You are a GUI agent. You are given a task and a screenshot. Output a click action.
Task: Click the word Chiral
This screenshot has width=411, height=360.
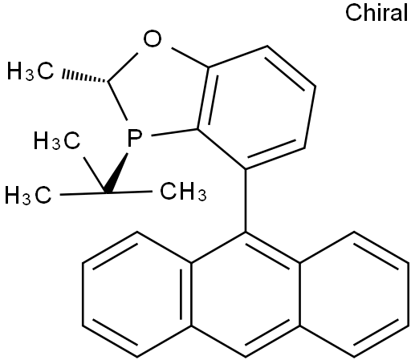[376, 13]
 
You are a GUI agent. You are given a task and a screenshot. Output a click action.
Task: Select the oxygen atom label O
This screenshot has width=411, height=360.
[153, 38]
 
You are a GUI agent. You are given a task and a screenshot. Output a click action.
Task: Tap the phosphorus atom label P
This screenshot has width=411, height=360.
[134, 138]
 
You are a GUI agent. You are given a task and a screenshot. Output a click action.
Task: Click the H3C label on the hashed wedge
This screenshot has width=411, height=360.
[31, 71]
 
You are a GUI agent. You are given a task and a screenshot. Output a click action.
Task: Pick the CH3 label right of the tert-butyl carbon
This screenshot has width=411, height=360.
[183, 192]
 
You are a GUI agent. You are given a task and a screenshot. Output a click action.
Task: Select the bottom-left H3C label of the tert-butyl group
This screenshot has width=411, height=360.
[28, 196]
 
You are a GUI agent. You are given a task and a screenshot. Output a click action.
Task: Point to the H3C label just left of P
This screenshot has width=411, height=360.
[57, 140]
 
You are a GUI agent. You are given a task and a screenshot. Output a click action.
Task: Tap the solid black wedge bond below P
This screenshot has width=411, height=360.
[117, 172]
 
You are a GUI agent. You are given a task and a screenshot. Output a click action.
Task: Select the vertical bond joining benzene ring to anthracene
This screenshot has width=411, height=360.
[246, 200]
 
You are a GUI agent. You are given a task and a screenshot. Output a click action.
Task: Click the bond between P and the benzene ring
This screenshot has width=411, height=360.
[174, 133]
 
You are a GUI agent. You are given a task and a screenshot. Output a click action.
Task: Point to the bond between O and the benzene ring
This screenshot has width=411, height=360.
[190, 58]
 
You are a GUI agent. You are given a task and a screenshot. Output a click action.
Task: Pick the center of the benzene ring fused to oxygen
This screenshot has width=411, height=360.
[256, 107]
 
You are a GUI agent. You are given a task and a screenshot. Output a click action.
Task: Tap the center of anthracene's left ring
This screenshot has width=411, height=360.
[137, 294]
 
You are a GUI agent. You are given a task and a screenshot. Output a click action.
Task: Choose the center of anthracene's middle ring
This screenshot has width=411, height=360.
[246, 294]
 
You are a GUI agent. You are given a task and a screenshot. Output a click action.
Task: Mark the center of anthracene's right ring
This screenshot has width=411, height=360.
[354, 294]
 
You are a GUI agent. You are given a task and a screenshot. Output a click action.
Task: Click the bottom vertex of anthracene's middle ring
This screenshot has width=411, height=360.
[246, 357]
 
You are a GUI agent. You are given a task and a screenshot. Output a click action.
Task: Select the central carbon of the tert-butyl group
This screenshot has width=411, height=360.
[107, 192]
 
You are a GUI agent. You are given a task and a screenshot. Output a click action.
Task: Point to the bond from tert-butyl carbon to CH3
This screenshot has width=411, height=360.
[130, 192]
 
